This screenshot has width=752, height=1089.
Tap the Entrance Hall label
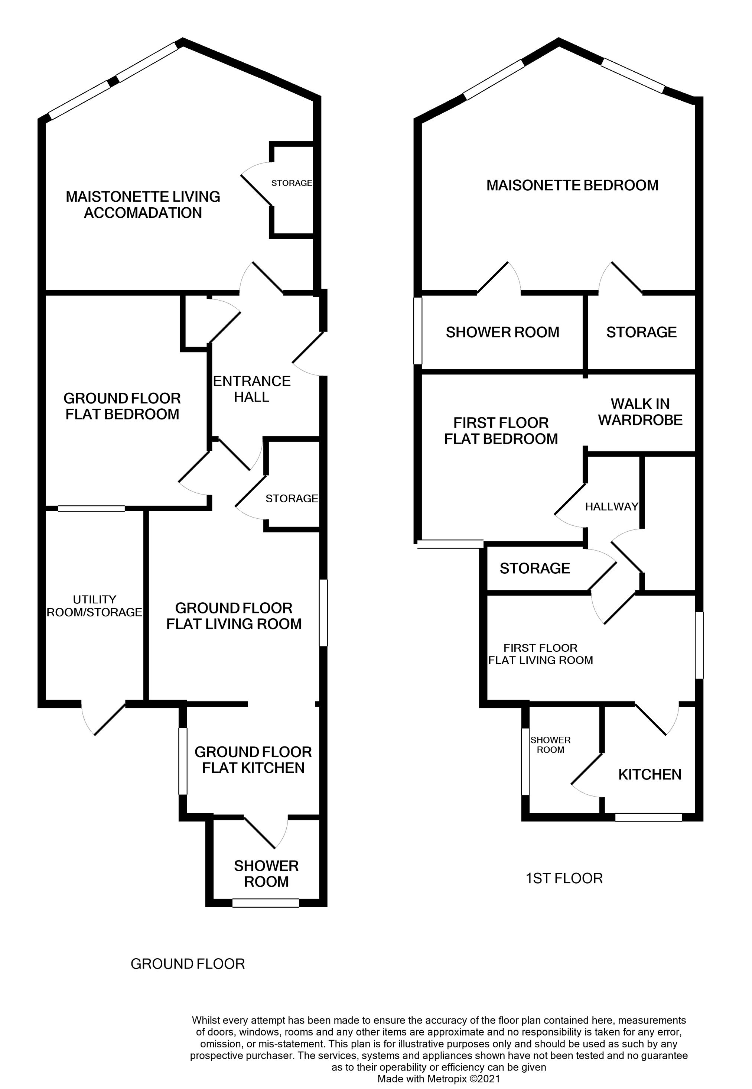(252, 389)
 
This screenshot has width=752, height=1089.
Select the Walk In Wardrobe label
(640, 412)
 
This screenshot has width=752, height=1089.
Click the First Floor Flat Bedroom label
(501, 431)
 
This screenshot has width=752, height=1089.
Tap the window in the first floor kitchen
(648, 817)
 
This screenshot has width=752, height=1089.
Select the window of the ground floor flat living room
(323, 612)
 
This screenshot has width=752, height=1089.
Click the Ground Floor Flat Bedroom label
(122, 406)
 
